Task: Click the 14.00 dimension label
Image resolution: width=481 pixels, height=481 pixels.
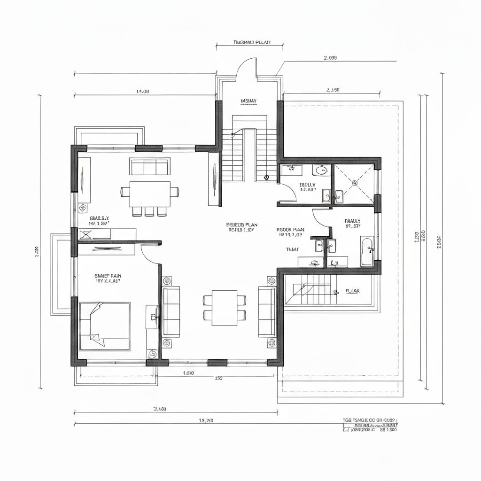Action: pyautogui.click(x=142, y=92)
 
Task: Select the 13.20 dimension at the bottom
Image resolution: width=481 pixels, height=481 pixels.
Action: pyautogui.click(x=206, y=420)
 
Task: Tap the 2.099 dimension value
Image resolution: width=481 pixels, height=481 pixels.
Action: pyautogui.click(x=330, y=58)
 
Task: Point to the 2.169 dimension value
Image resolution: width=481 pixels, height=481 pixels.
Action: pyautogui.click(x=333, y=89)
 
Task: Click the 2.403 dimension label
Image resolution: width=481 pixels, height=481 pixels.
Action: pyautogui.click(x=160, y=409)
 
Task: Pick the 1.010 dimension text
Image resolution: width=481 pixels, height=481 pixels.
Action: pyautogui.click(x=188, y=373)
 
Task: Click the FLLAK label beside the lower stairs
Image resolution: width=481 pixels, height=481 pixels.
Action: pyautogui.click(x=352, y=291)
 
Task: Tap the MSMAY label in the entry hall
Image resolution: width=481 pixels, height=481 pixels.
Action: pyautogui.click(x=248, y=101)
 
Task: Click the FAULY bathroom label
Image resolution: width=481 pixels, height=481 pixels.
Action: pyautogui.click(x=352, y=220)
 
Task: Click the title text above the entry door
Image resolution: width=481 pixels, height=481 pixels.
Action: pyautogui.click(x=250, y=43)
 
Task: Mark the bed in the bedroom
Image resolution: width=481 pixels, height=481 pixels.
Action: pyautogui.click(x=104, y=326)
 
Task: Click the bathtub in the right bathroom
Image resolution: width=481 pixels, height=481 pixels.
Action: pyautogui.click(x=366, y=251)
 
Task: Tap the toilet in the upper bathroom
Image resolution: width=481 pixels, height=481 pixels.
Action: pyautogui.click(x=321, y=170)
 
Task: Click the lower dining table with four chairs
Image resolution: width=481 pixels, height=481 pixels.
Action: pyautogui.click(x=225, y=308)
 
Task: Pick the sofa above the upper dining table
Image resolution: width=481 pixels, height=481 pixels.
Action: pyautogui.click(x=149, y=167)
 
